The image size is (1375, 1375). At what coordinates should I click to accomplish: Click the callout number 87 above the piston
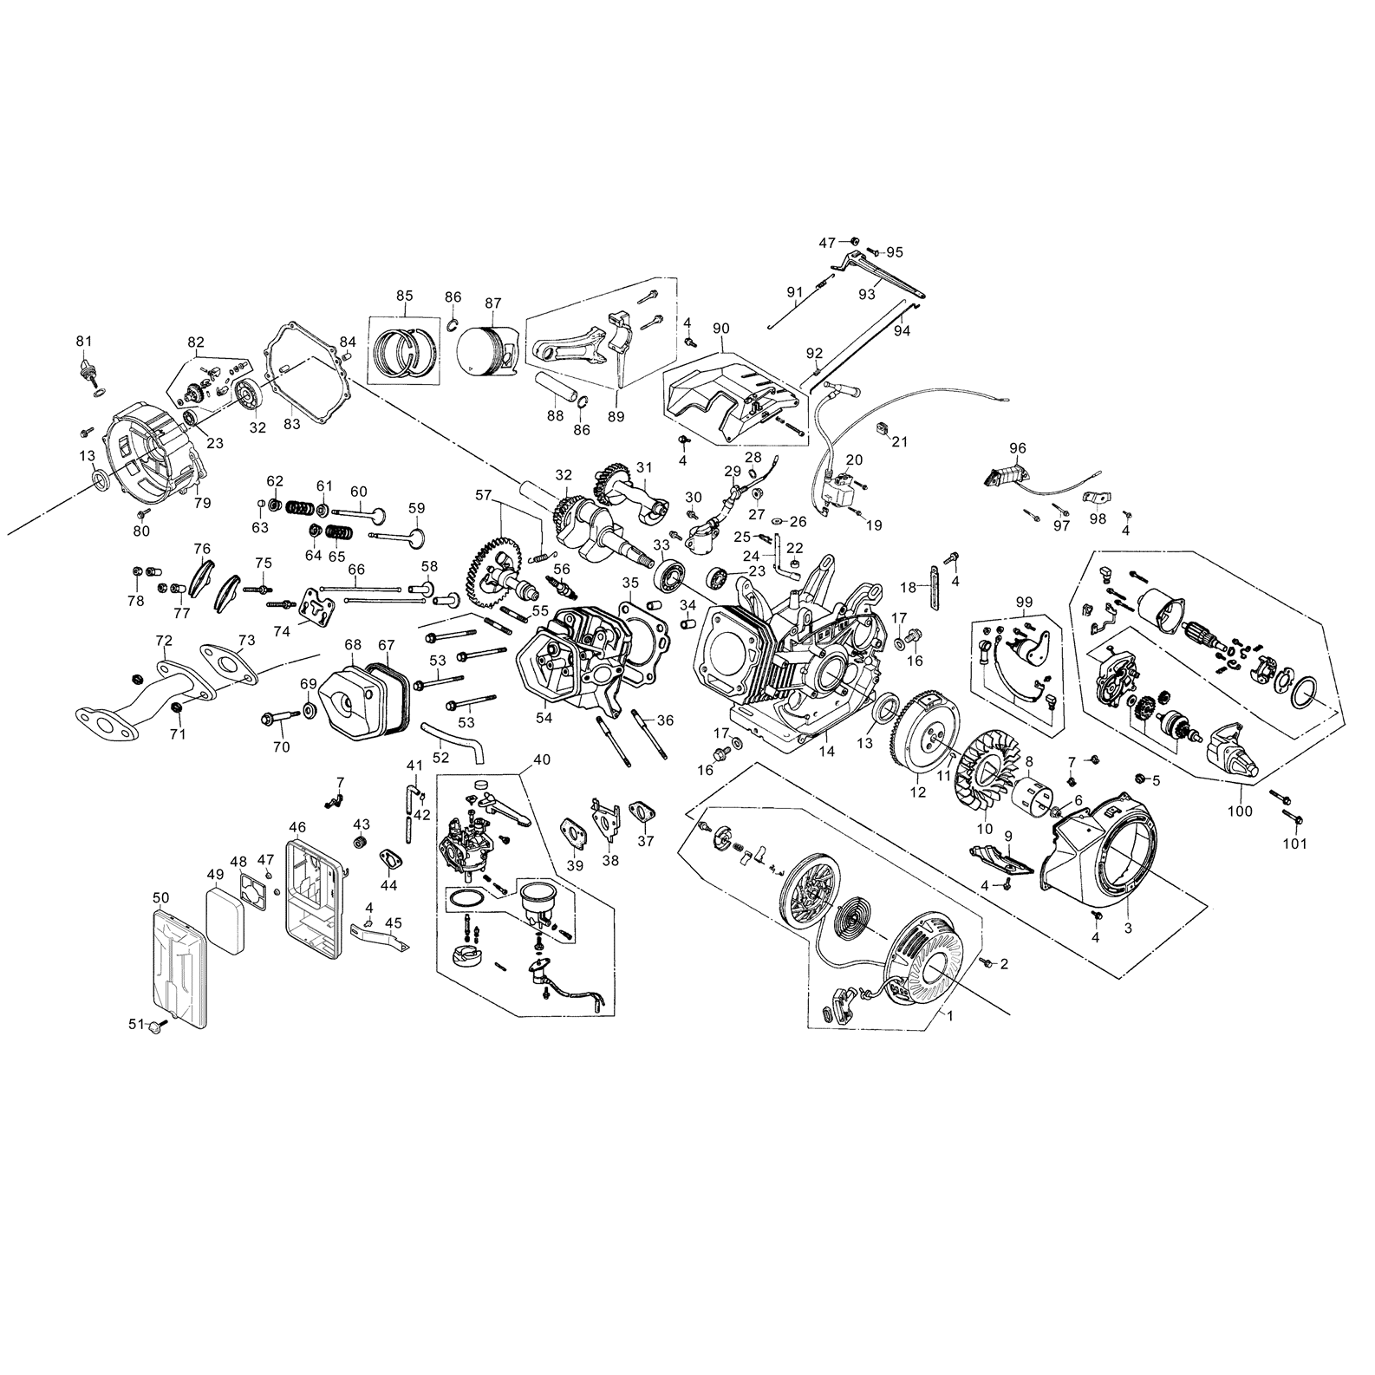coord(492,303)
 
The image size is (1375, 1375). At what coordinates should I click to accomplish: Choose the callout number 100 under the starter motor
coord(1241,811)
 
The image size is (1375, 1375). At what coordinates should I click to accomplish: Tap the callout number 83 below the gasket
coord(292,424)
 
